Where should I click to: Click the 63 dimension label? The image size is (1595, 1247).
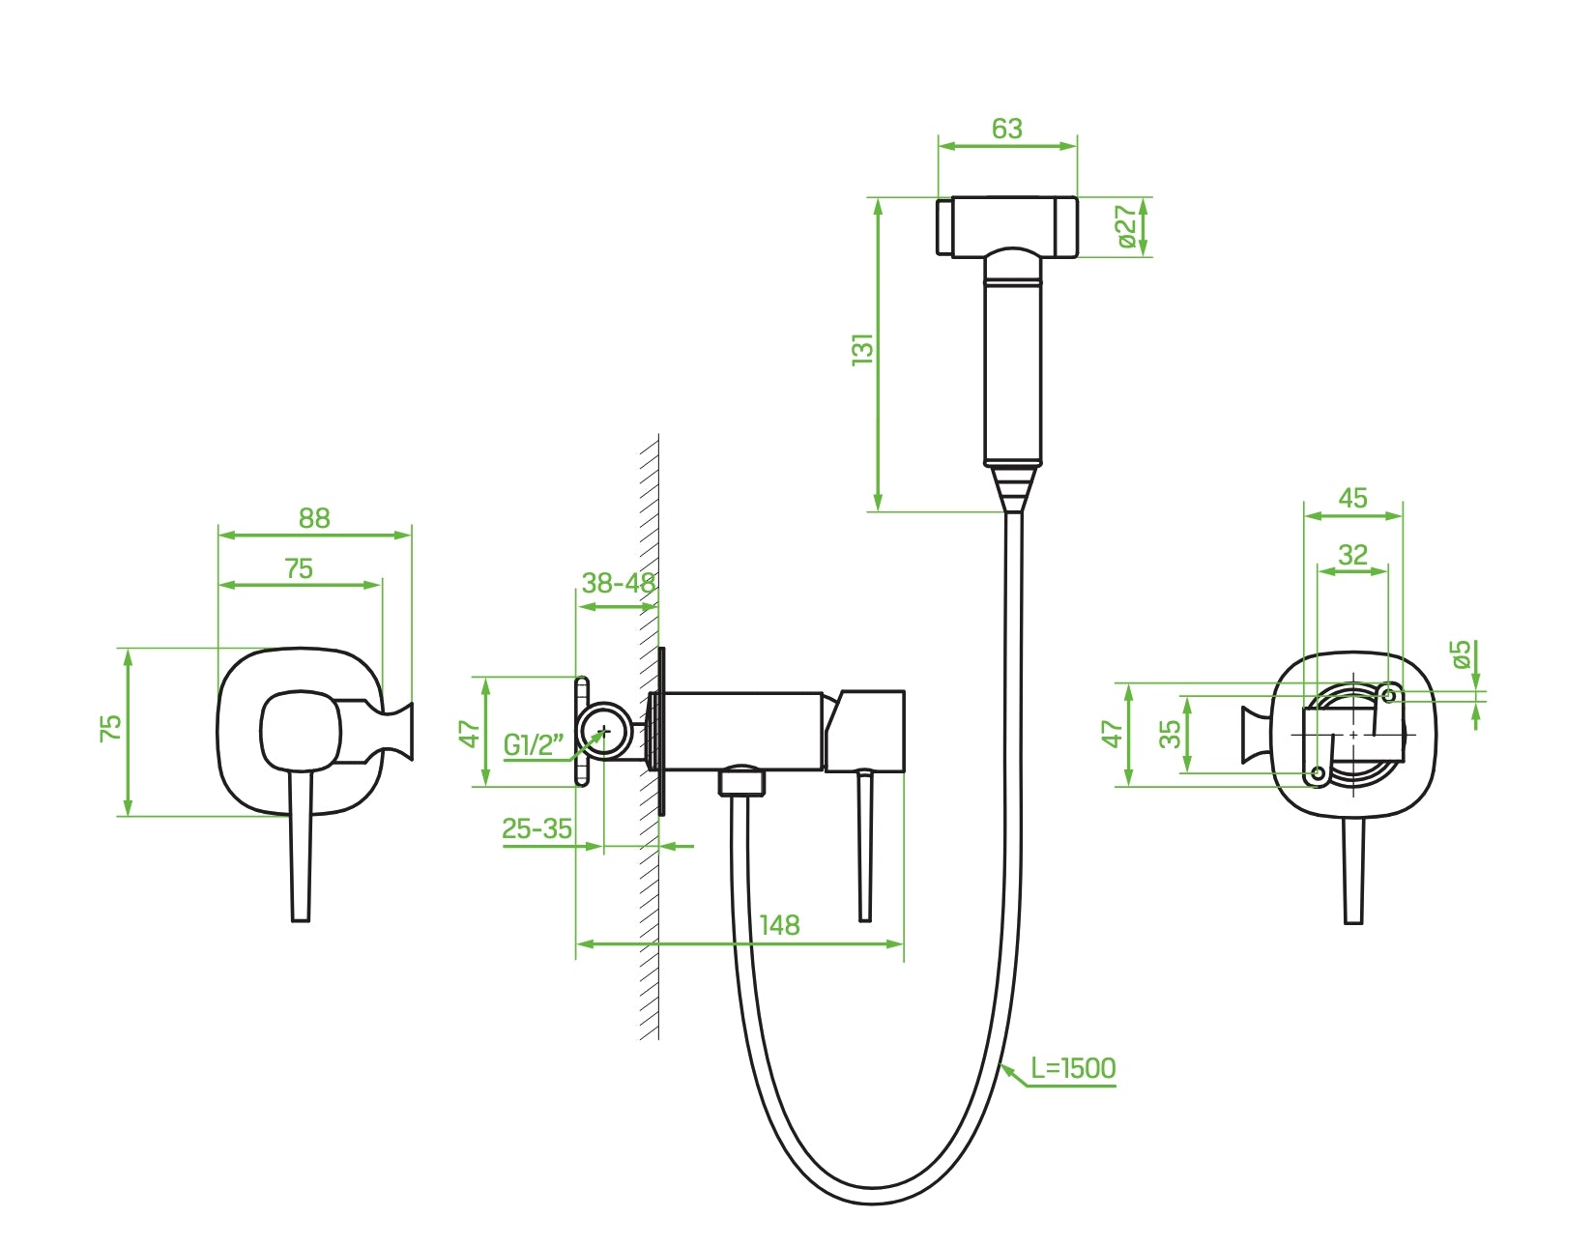click(x=1006, y=129)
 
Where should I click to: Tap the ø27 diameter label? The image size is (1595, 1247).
click(x=1126, y=226)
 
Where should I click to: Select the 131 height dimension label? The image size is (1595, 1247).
click(x=862, y=349)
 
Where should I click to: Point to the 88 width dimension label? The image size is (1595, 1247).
click(x=314, y=519)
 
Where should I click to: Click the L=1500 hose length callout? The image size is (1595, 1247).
click(x=1073, y=1068)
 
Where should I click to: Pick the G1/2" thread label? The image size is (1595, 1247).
click(x=533, y=744)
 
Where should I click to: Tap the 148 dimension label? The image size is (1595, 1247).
click(x=779, y=926)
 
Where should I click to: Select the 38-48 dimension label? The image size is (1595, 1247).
click(x=619, y=583)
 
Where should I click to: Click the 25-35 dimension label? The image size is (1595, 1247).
click(x=536, y=829)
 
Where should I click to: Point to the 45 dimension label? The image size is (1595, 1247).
click(x=1352, y=498)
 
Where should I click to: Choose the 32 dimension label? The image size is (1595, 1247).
click(x=1352, y=555)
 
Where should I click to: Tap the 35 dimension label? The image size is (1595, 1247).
click(x=1171, y=734)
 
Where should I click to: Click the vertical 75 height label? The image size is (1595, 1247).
click(x=111, y=728)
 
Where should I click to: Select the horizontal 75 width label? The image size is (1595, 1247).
click(x=299, y=569)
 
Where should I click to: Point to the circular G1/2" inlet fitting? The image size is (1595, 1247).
click(x=604, y=732)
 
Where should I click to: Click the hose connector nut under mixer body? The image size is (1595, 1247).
click(x=740, y=780)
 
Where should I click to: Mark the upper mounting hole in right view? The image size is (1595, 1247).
click(x=1389, y=695)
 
